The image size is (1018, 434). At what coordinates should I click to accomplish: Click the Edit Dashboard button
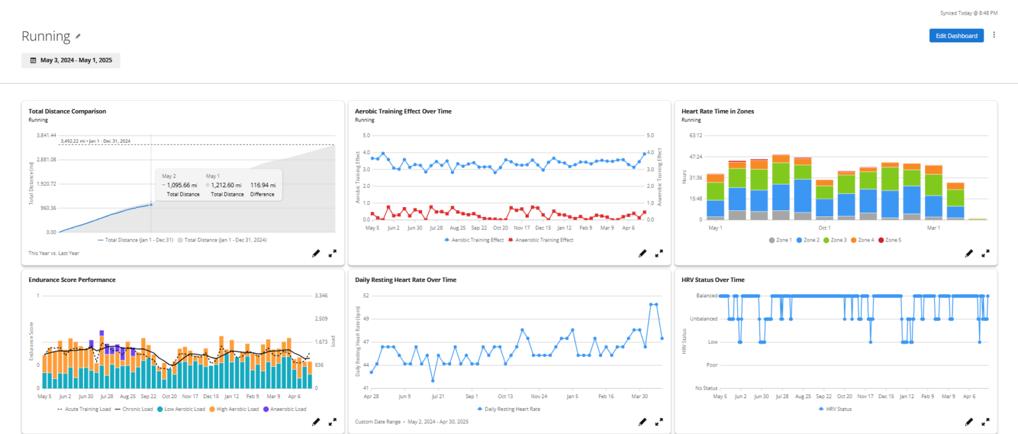click(956, 35)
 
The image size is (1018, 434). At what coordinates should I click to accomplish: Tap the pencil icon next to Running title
click(78, 36)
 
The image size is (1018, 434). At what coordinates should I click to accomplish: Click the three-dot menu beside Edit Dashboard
click(994, 35)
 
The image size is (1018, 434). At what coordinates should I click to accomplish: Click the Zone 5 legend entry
click(889, 240)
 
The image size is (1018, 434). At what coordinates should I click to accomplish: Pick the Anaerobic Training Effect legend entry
click(541, 240)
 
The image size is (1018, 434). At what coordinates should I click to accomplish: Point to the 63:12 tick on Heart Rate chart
click(695, 135)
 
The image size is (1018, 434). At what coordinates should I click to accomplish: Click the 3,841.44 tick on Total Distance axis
click(46, 135)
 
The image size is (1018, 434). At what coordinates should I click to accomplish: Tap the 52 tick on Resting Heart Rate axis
click(366, 296)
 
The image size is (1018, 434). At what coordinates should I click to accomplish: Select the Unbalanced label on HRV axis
click(703, 319)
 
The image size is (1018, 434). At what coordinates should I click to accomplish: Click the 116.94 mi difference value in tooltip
click(263, 185)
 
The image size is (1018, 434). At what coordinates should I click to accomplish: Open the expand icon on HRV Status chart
click(986, 422)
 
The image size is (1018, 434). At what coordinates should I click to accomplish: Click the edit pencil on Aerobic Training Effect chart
click(642, 253)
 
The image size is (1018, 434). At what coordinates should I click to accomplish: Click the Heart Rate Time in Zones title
click(718, 111)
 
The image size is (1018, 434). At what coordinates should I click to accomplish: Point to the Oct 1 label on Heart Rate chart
click(824, 228)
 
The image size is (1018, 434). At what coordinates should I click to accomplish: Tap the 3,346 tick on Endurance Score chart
click(321, 296)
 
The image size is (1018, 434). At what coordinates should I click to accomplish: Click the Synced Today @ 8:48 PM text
click(969, 13)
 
